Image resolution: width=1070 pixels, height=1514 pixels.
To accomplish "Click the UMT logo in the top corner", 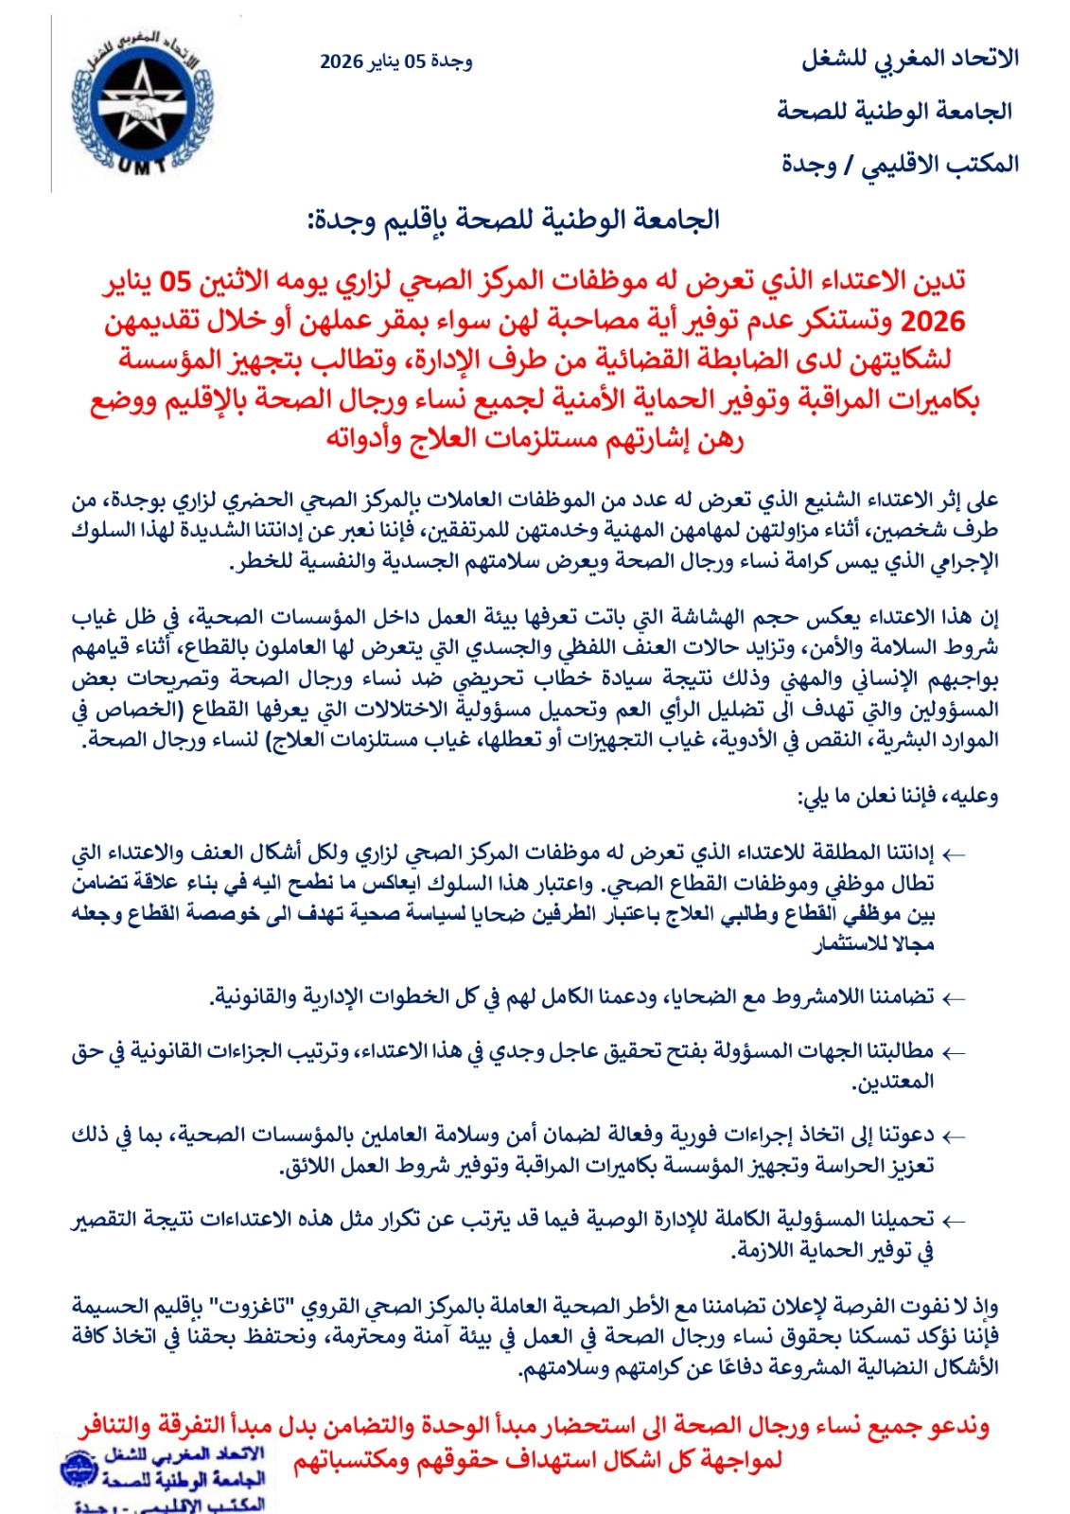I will pos(143,102).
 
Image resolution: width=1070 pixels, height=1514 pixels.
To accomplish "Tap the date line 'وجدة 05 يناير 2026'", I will pos(395,62).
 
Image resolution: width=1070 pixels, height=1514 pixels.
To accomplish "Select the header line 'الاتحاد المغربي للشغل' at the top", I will pos(910,58).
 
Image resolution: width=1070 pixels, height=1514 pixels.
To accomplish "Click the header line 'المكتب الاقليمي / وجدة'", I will pos(900,164).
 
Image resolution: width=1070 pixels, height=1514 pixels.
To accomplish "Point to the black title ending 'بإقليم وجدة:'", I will pos(514,220).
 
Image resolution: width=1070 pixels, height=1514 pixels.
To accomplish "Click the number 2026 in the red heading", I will pos(932,322).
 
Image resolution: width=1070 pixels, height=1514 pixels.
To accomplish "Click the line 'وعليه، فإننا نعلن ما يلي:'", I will pos(898,796).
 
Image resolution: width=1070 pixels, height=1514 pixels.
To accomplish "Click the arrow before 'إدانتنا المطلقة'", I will pos(954,854).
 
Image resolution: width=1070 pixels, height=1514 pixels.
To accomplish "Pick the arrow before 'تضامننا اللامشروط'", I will pos(954,997).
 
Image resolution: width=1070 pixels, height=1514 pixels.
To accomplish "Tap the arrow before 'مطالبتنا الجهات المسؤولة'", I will pos(954,1052).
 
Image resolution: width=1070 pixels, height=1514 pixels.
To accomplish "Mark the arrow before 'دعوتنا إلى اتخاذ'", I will pos(954,1135).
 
